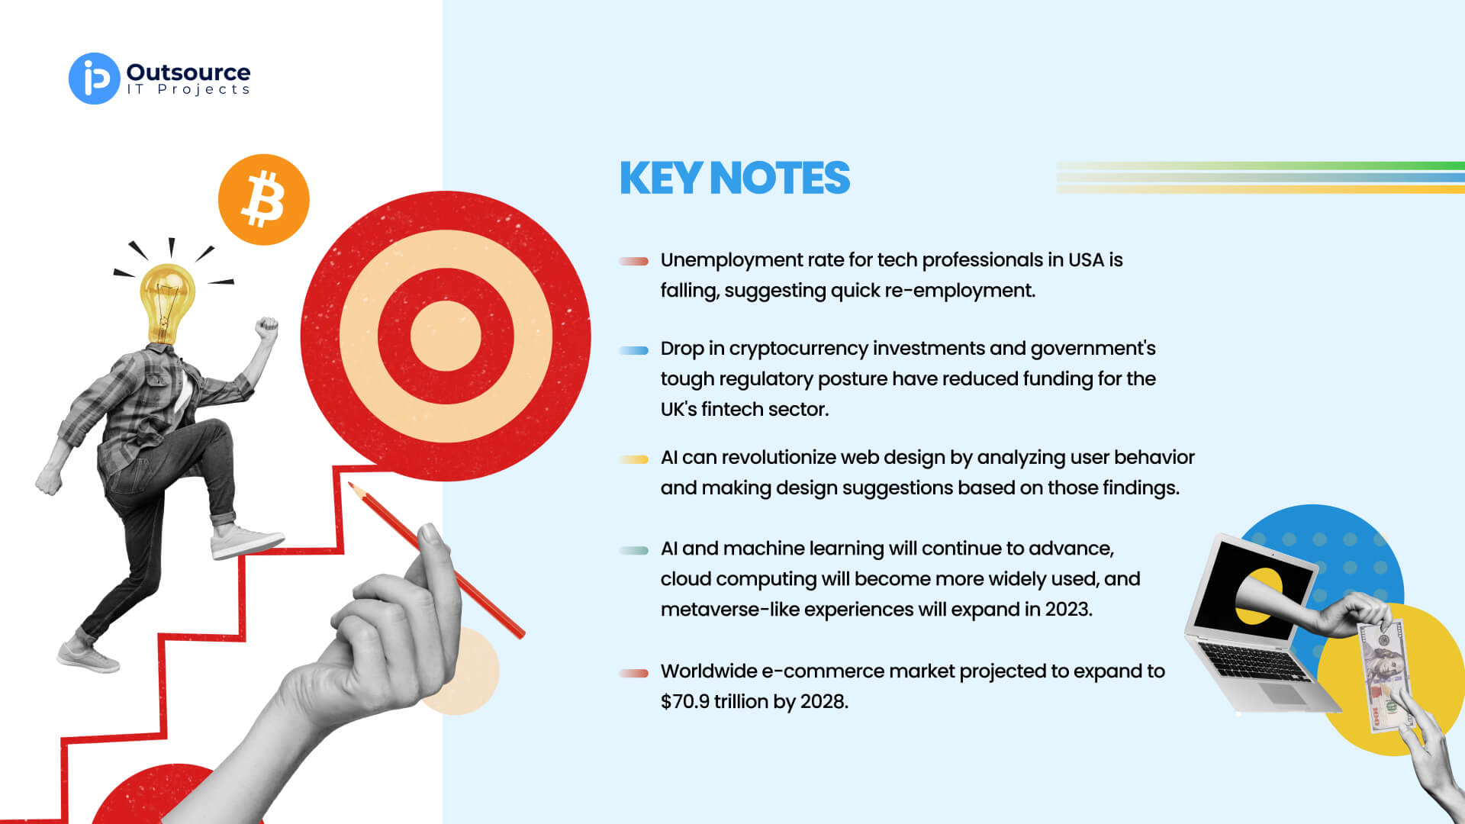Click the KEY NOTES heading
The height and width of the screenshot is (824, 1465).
coord(734,178)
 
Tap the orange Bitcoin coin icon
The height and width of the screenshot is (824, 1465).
coord(264,200)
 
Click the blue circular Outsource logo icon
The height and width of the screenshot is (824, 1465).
coord(95,79)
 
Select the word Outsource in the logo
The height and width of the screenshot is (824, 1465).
coord(188,72)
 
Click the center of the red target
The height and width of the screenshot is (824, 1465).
coord(446,336)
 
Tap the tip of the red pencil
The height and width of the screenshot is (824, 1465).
coord(350,484)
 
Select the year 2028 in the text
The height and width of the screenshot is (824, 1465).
coord(823,701)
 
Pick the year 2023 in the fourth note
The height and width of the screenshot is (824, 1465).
coord(1069,610)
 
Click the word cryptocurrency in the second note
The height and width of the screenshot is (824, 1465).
coord(798,349)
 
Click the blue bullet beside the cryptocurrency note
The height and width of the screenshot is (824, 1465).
coord(633,351)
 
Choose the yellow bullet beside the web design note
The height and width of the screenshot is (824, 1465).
coord(633,459)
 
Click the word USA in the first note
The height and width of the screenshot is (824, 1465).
coord(1086,260)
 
